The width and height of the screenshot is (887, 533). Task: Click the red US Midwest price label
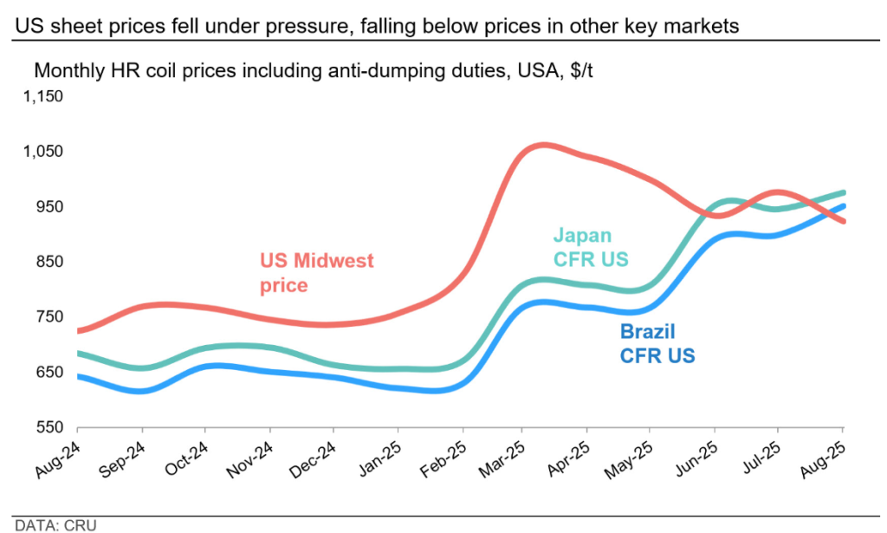tap(316, 271)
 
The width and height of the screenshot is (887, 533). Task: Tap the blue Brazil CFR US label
tap(657, 342)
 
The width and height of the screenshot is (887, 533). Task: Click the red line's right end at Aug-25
tap(843, 222)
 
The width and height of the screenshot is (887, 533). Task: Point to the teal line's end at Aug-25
tap(843, 192)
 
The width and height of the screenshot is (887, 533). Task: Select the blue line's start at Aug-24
tap(79, 376)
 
